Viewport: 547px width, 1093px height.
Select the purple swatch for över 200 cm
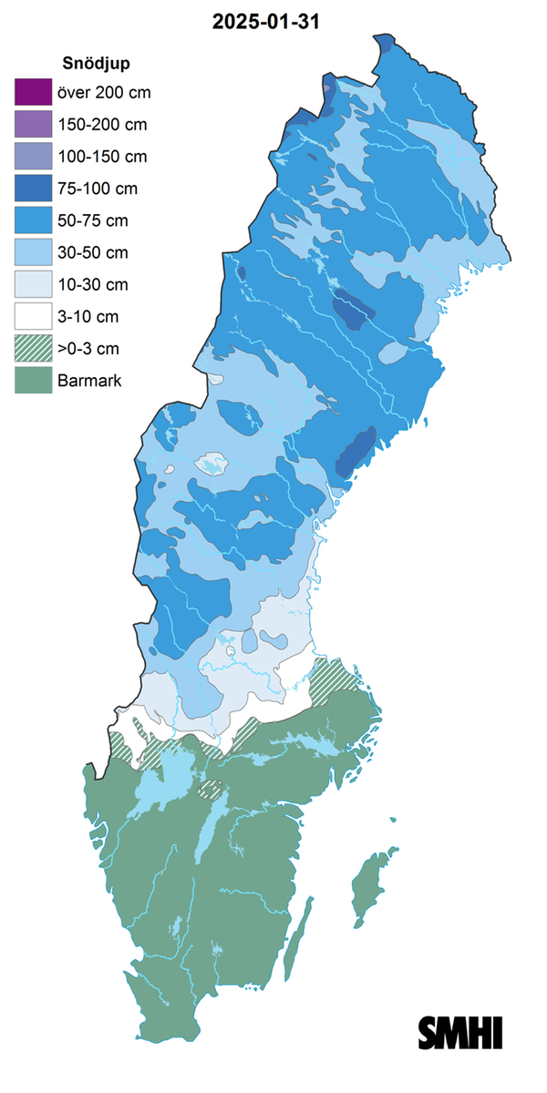30,92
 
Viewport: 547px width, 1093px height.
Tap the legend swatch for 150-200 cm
30,124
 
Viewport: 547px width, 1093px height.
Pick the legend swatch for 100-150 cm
30,156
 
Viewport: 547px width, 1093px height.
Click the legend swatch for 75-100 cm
30,188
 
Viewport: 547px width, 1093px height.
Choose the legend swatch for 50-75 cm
30,220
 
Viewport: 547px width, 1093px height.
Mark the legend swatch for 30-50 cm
30,251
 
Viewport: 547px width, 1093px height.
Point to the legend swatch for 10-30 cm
30,283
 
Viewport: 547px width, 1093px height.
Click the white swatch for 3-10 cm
30,316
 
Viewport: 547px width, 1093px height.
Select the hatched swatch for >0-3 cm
30,348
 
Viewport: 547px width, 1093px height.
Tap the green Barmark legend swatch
30,380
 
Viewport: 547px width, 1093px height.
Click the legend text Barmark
89,381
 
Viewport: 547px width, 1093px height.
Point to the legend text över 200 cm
104,93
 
